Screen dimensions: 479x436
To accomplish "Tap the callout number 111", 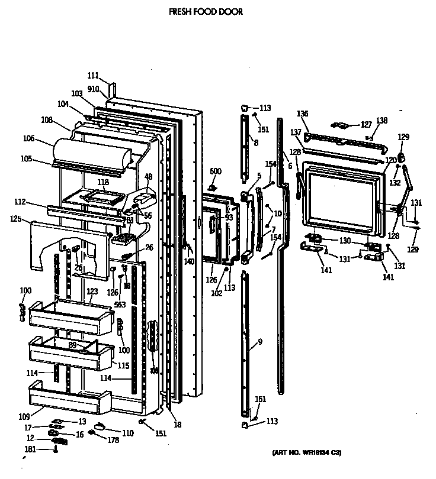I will point(93,75).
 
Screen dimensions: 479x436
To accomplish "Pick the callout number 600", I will point(215,171).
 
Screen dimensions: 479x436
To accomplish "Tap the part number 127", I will point(366,125).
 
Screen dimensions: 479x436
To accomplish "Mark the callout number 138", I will point(381,121).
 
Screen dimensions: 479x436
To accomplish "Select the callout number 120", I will point(390,161).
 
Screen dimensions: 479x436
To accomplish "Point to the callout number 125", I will point(15,219).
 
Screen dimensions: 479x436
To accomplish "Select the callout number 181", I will point(30,449).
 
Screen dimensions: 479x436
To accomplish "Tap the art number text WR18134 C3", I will point(307,452).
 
